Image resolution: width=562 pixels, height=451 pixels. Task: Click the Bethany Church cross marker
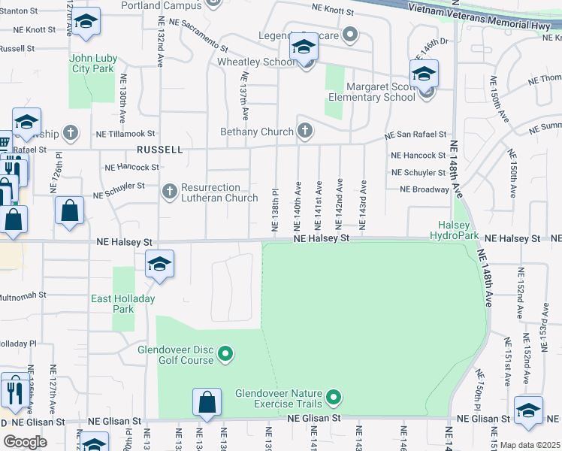tap(304, 132)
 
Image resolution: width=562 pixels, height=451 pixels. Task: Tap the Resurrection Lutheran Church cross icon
tap(170, 192)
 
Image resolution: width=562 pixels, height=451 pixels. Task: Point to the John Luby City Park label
tap(92, 62)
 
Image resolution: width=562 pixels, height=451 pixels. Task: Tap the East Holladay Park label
tap(123, 304)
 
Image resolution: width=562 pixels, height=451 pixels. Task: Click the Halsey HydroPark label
tap(455, 230)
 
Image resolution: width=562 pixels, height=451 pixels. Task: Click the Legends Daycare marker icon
tap(349, 35)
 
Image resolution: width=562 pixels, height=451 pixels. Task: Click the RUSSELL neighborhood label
tap(159, 150)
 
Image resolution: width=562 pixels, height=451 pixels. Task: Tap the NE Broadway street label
tap(425, 189)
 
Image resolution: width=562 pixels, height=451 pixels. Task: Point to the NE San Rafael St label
tap(415, 135)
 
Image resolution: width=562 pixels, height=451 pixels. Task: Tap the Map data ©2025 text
tap(530, 445)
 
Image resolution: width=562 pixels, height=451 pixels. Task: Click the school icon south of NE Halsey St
tap(159, 264)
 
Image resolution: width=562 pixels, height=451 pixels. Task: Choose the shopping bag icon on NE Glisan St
tap(207, 402)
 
